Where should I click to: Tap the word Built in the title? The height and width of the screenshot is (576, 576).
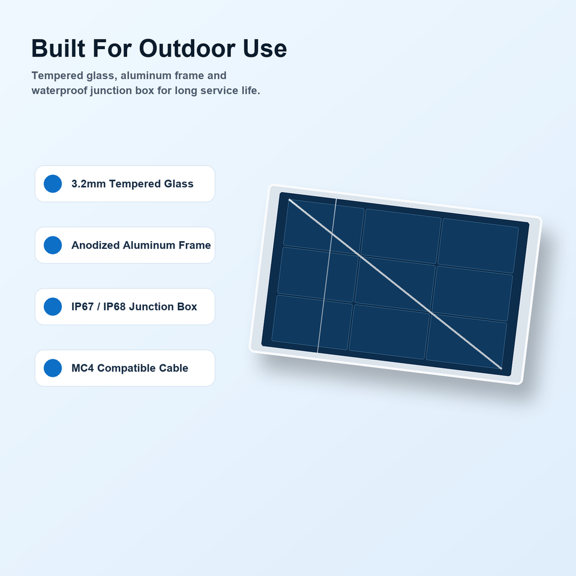point(58,48)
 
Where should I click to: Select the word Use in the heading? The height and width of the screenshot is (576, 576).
point(265,48)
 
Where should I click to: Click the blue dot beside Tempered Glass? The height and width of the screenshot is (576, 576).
point(53,184)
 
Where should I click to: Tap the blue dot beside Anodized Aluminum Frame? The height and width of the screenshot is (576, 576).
point(53,245)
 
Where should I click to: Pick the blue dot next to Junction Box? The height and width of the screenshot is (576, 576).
point(53,307)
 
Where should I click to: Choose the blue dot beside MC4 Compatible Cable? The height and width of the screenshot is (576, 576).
point(53,368)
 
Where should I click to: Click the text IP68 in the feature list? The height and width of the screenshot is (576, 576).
point(115,307)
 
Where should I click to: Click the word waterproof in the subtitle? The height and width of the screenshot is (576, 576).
point(59,91)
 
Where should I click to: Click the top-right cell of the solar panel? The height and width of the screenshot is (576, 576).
point(478,245)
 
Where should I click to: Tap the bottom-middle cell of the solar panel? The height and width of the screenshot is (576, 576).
point(389,332)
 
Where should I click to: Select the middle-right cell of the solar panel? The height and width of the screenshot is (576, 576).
point(472,293)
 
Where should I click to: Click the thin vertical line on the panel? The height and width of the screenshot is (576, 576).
point(326,275)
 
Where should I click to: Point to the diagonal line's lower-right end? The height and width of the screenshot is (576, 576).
point(501,368)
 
